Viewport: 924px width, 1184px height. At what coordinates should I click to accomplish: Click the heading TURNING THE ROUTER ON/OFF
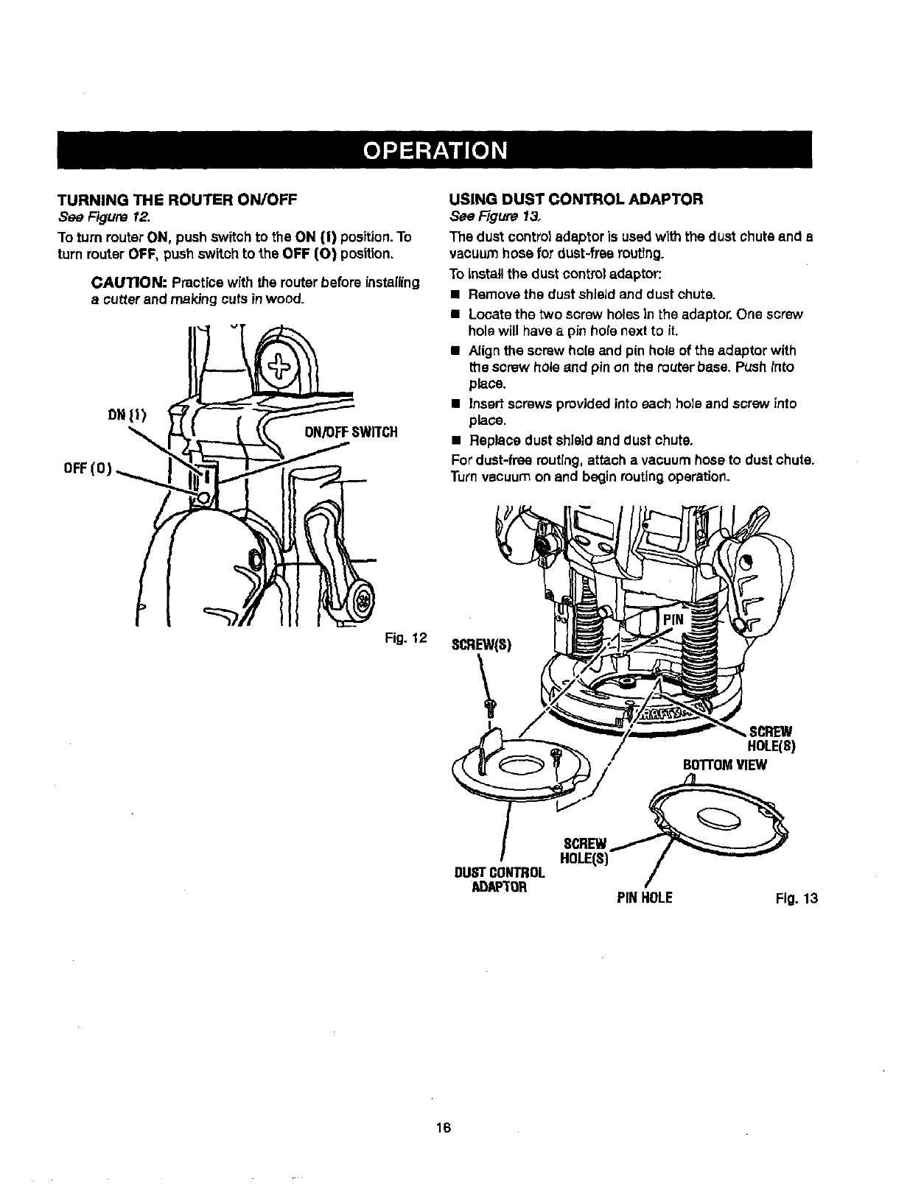coord(176,199)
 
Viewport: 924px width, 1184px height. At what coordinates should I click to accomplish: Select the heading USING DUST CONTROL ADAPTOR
coord(577,199)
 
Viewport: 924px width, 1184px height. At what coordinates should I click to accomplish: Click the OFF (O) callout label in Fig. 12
coord(86,468)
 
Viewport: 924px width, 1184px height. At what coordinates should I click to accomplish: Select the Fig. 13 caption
coord(797,898)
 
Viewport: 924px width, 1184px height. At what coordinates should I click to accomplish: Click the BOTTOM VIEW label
coord(726,764)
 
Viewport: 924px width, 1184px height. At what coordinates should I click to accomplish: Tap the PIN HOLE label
coord(645,898)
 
